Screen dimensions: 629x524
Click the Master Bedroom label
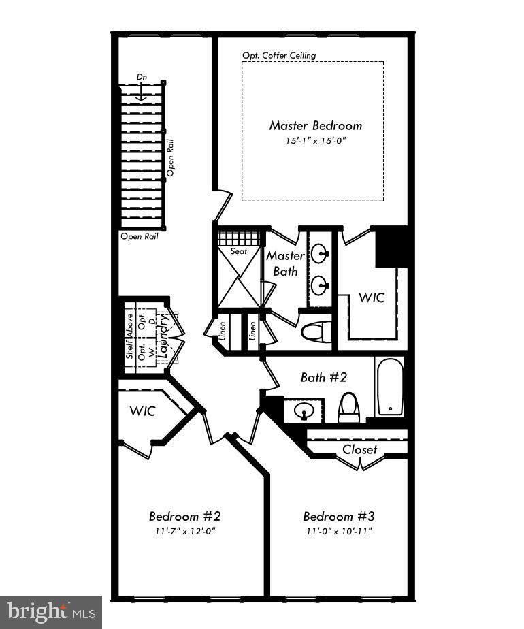tap(315, 126)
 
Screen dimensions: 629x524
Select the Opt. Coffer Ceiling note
tap(279, 55)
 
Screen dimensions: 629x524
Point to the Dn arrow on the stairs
tap(142, 93)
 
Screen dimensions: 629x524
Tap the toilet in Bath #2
tap(348, 407)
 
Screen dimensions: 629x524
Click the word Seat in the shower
tap(239, 251)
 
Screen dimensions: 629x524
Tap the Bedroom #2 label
tap(184, 516)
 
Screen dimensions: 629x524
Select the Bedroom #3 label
tap(338, 516)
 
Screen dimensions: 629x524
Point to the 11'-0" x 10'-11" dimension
tap(338, 531)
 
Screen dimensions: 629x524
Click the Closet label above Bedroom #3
tap(359, 449)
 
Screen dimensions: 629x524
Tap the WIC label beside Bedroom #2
tap(143, 411)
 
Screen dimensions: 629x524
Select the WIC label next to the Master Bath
tap(372, 297)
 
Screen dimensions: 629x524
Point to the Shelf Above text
tap(129, 336)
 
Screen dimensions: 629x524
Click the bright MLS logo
tap(51, 612)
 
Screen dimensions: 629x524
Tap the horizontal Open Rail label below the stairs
tap(140, 237)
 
